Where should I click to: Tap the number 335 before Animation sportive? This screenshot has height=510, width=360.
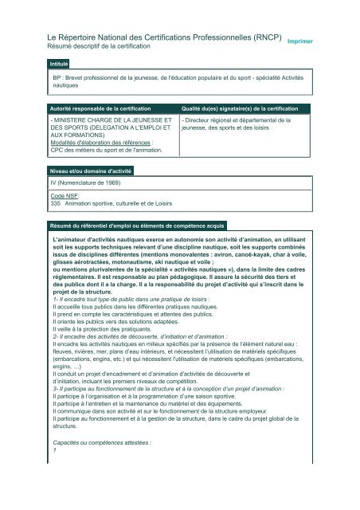57,203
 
